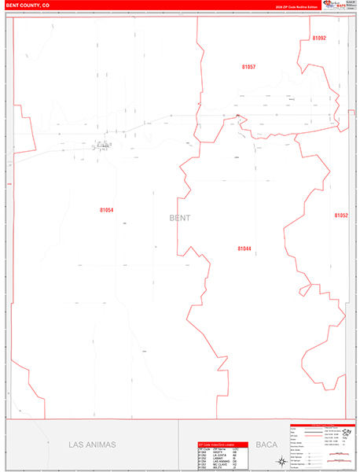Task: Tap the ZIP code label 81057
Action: [x=248, y=68]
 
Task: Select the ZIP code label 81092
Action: [x=318, y=38]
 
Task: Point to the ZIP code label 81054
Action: [x=107, y=210]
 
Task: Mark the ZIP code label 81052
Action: [x=340, y=215]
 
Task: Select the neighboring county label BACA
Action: [x=266, y=444]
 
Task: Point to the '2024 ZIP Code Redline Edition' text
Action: [x=296, y=6]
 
